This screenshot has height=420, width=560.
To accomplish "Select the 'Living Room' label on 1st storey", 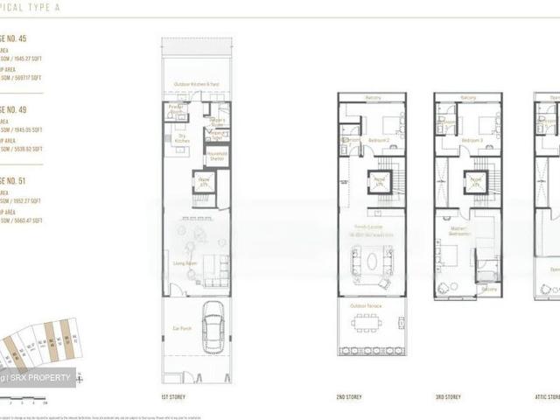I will pos(184,262).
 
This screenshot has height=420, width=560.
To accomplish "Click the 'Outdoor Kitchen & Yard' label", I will pos(196,84).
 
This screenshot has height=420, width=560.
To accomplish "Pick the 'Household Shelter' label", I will pos(217,157).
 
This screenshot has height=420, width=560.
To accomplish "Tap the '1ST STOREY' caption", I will pos(172,396).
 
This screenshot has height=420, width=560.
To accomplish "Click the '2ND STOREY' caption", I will pos(347,396).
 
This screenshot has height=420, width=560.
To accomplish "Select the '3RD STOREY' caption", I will pos(448,396).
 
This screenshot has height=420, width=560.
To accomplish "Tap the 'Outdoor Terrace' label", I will pos(371,305).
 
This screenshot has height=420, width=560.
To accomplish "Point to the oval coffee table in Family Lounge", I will pos(372,261).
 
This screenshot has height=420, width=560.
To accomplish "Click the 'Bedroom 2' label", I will pos(379,140).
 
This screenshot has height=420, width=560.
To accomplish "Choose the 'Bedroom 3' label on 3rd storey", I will pos(475,140).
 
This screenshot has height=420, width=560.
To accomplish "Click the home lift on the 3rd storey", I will pos(476,183).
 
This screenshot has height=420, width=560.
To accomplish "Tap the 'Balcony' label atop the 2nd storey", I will pos(371,97).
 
